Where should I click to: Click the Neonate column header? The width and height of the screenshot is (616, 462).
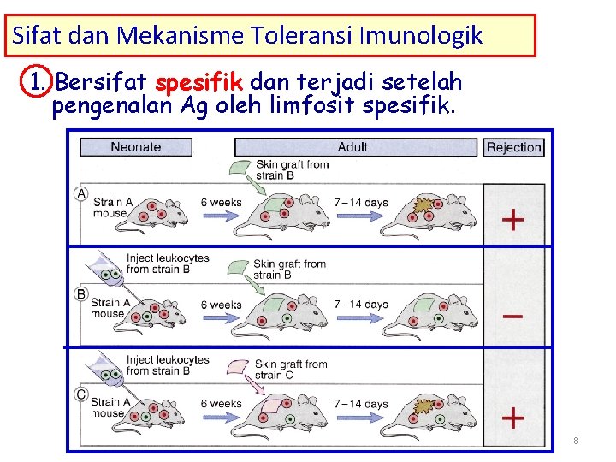tap(135, 147)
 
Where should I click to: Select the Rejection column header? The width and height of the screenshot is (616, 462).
tap(513, 147)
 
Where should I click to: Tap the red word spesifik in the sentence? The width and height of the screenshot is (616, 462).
tap(200, 83)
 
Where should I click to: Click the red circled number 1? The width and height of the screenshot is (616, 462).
tap(37, 83)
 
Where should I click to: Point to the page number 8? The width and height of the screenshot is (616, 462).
tap(576, 441)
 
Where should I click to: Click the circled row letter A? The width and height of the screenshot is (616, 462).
tap(81, 193)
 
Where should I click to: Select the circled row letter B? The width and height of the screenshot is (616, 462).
tap(81, 294)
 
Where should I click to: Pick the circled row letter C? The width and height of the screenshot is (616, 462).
tap(81, 394)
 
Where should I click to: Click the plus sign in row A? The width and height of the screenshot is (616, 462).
tap(512, 220)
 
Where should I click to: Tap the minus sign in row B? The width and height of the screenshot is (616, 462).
tap(512, 316)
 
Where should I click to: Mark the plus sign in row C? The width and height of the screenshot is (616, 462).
tap(512, 418)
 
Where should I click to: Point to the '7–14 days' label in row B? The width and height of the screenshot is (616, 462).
tap(360, 304)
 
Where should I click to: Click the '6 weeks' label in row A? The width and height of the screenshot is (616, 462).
tap(221, 203)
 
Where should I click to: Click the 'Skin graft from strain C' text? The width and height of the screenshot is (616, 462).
tap(291, 370)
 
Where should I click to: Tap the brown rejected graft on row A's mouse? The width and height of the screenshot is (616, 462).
tap(423, 206)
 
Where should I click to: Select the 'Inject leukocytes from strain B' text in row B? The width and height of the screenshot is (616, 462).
tap(168, 264)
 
